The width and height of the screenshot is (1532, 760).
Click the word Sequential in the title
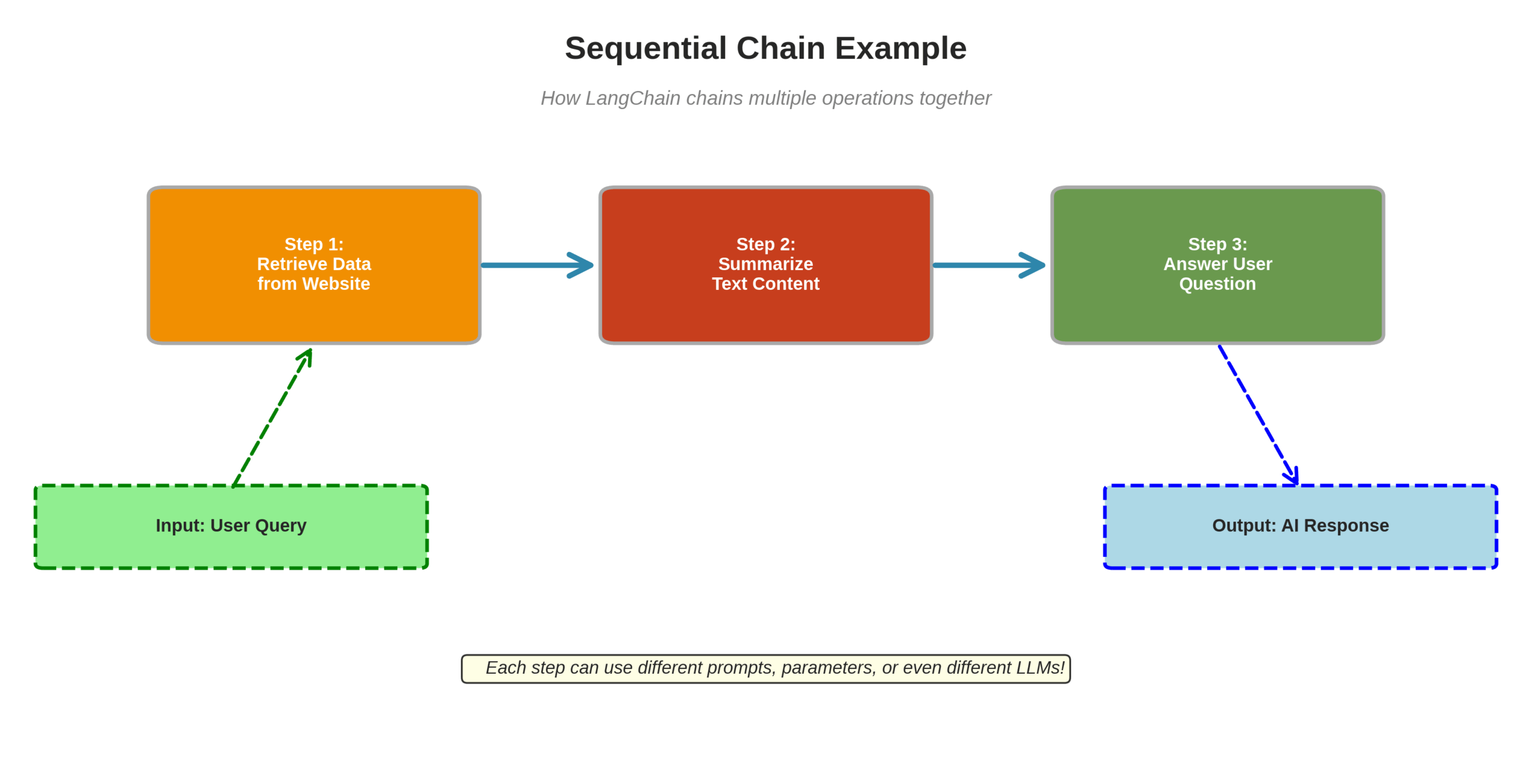645,48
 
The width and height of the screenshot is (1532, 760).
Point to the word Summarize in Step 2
765,264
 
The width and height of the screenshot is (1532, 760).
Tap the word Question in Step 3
1217,284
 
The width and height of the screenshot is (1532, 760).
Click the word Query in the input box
281,526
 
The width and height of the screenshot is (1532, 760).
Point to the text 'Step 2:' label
765,244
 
